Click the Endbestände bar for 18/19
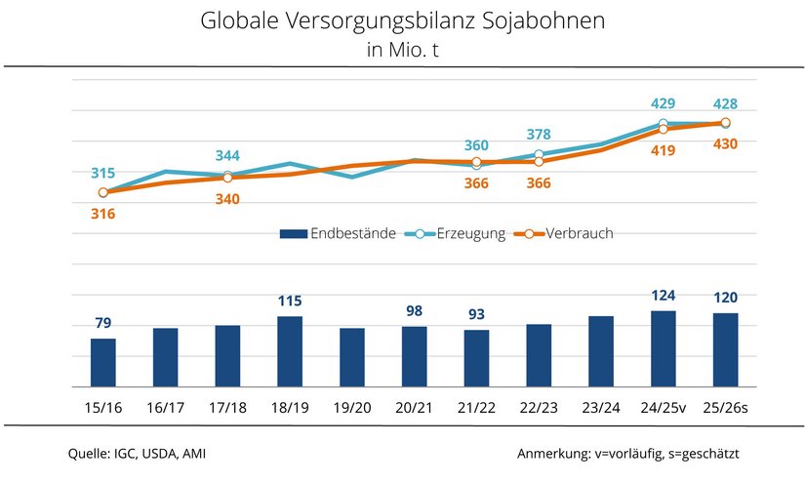point(290,351)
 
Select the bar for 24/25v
point(664,348)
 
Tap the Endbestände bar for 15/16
point(103,362)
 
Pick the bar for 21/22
point(477,358)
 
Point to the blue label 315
point(103,173)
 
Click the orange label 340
point(227,199)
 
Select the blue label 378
point(539,135)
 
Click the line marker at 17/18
point(227,177)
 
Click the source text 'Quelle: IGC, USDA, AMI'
point(137,454)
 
